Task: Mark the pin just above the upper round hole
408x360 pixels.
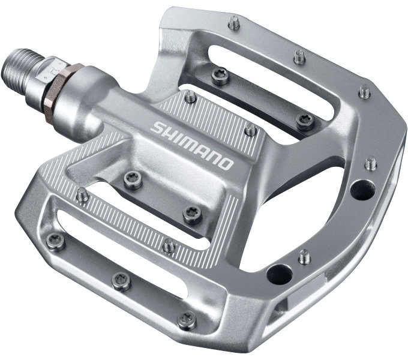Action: tap(371, 162)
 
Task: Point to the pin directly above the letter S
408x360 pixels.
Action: tap(190, 97)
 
